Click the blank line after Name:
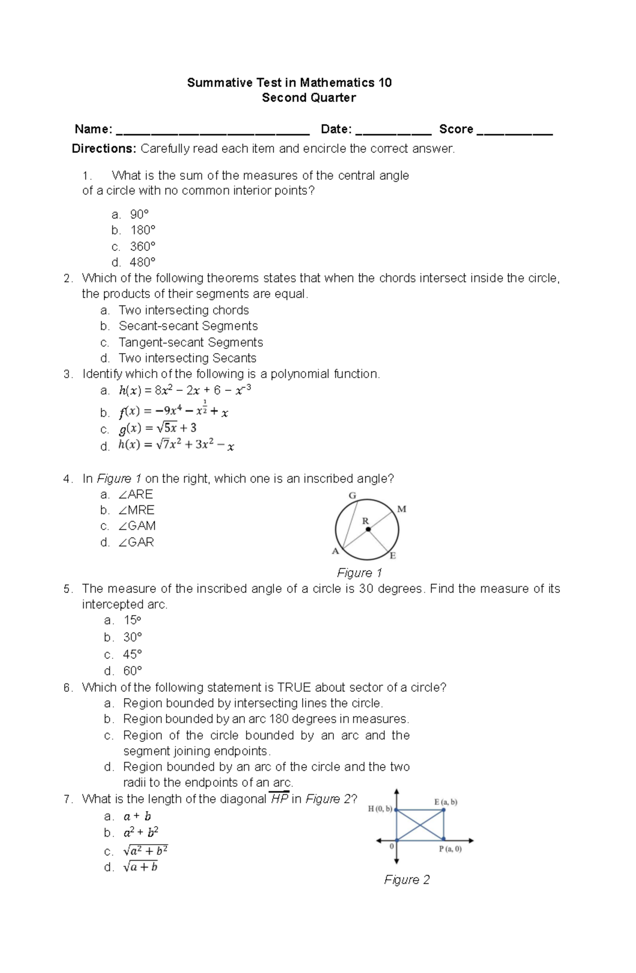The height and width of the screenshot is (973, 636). (212, 133)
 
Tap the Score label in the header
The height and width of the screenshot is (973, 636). (456, 129)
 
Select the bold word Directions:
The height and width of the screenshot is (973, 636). (104, 149)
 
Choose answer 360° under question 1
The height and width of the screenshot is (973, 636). (143, 247)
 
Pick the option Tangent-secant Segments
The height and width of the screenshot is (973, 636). (191, 343)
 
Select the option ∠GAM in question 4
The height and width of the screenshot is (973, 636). (137, 526)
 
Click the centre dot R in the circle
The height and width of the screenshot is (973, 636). (368, 529)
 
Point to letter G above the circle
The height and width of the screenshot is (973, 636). (352, 496)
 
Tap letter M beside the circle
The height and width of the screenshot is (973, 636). (402, 509)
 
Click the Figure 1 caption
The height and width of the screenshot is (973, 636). (359, 573)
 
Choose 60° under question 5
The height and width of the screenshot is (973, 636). (132, 671)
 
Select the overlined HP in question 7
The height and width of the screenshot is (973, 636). (279, 799)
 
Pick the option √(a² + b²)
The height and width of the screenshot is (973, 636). (146, 851)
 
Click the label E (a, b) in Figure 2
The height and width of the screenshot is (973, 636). (445, 802)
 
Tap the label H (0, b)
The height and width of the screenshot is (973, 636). (380, 809)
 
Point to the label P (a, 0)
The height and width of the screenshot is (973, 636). (449, 849)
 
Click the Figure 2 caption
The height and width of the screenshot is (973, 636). (407, 880)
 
